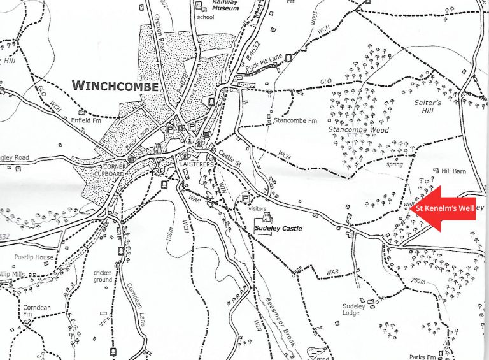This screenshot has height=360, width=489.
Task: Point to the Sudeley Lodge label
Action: (x=354, y=310)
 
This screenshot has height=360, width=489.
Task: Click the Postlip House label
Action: (x=36, y=257)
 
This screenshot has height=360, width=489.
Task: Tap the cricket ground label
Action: (x=102, y=277)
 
